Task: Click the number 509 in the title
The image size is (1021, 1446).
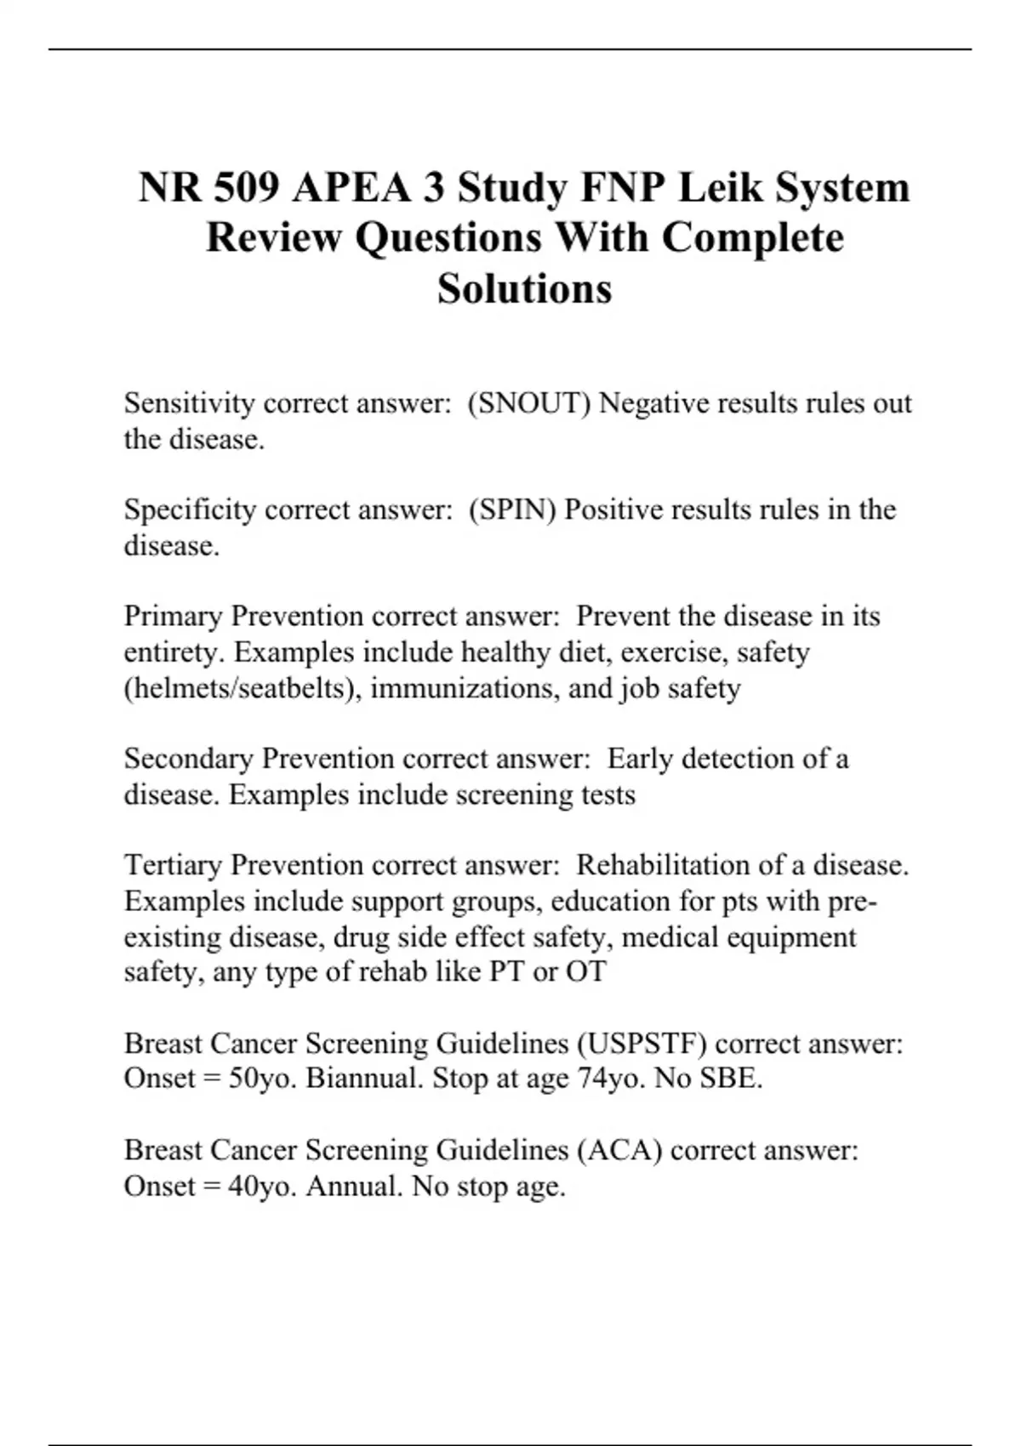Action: tap(246, 187)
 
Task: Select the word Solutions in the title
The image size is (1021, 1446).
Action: tap(524, 288)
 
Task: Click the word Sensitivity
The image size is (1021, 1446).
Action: tap(189, 403)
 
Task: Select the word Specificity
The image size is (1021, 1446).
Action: tap(190, 510)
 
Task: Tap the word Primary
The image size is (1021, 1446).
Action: tap(173, 616)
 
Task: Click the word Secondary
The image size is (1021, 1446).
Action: tap(188, 758)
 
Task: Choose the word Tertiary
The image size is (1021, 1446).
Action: tap(173, 865)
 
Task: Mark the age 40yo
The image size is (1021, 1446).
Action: tap(262, 1186)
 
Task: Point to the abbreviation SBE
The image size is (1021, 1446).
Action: tap(730, 1079)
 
